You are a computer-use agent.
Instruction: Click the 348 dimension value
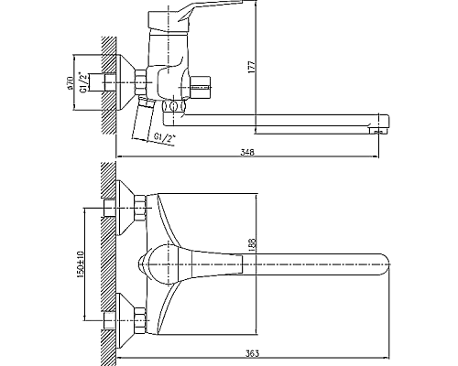click(x=247, y=152)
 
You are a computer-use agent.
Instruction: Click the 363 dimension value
click(x=252, y=353)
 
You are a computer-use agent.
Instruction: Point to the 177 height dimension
click(x=252, y=67)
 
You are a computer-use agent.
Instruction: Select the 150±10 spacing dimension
click(x=81, y=264)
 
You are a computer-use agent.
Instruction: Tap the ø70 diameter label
click(x=70, y=83)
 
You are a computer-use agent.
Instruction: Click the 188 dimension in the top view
click(x=252, y=245)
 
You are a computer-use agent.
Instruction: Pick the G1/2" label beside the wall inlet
click(x=82, y=82)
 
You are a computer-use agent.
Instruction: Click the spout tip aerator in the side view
click(x=378, y=131)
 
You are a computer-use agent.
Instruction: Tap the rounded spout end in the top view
click(x=386, y=264)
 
